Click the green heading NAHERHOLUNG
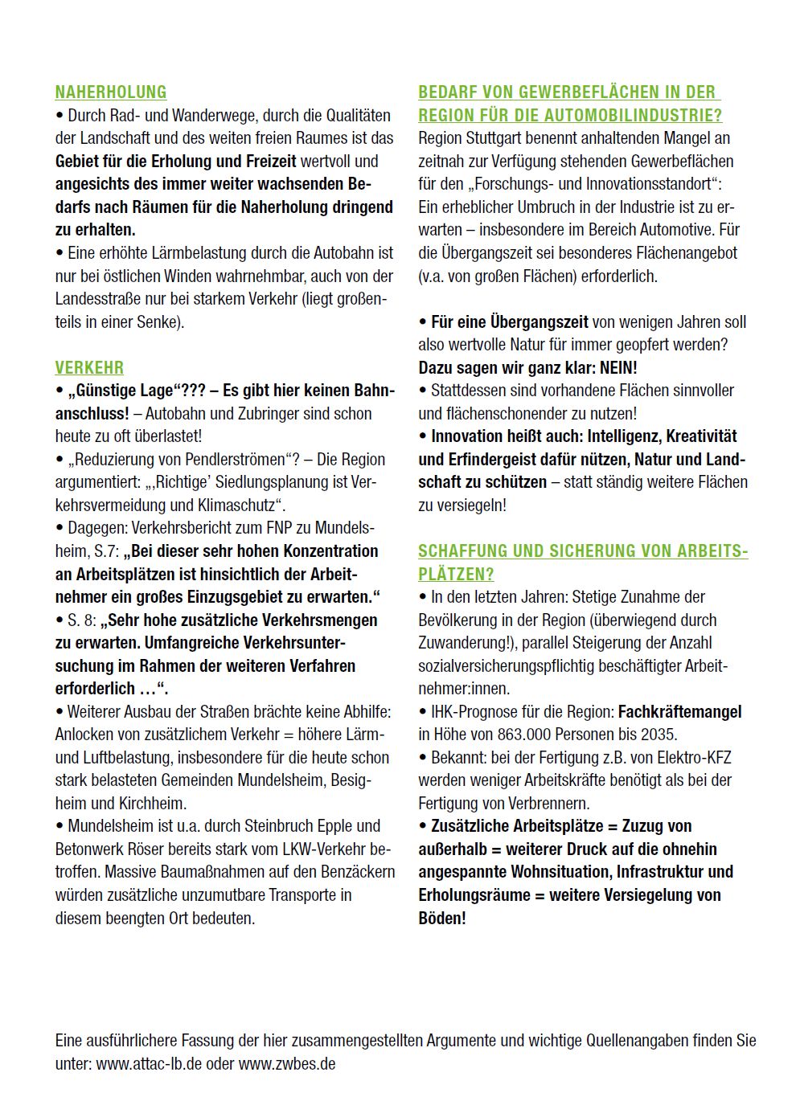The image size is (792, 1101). pyautogui.click(x=110, y=92)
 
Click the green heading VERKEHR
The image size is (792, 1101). pyautogui.click(x=89, y=368)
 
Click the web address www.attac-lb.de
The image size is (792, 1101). pyautogui.click(x=149, y=1063)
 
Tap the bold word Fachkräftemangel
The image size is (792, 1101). pyautogui.click(x=679, y=711)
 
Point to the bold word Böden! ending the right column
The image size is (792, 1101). pyautogui.click(x=441, y=918)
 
